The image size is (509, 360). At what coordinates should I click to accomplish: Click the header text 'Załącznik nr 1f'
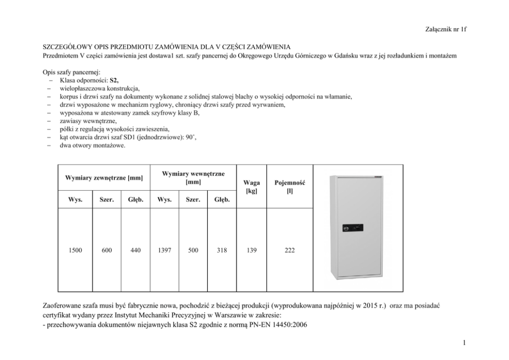pos(445,29)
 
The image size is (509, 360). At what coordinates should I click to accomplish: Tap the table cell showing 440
pos(135,251)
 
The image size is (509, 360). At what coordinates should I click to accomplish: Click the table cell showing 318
pos(222,251)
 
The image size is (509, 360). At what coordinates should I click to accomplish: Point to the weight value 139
pos(251,251)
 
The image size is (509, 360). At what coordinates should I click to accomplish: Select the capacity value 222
pos(290,251)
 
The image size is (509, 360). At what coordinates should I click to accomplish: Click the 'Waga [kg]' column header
pos(251,187)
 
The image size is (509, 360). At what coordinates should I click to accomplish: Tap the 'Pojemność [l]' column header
pos(290,187)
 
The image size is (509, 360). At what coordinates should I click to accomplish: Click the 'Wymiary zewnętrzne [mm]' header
pos(104,178)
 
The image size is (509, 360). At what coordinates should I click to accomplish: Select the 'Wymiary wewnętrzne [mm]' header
pos(193,178)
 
